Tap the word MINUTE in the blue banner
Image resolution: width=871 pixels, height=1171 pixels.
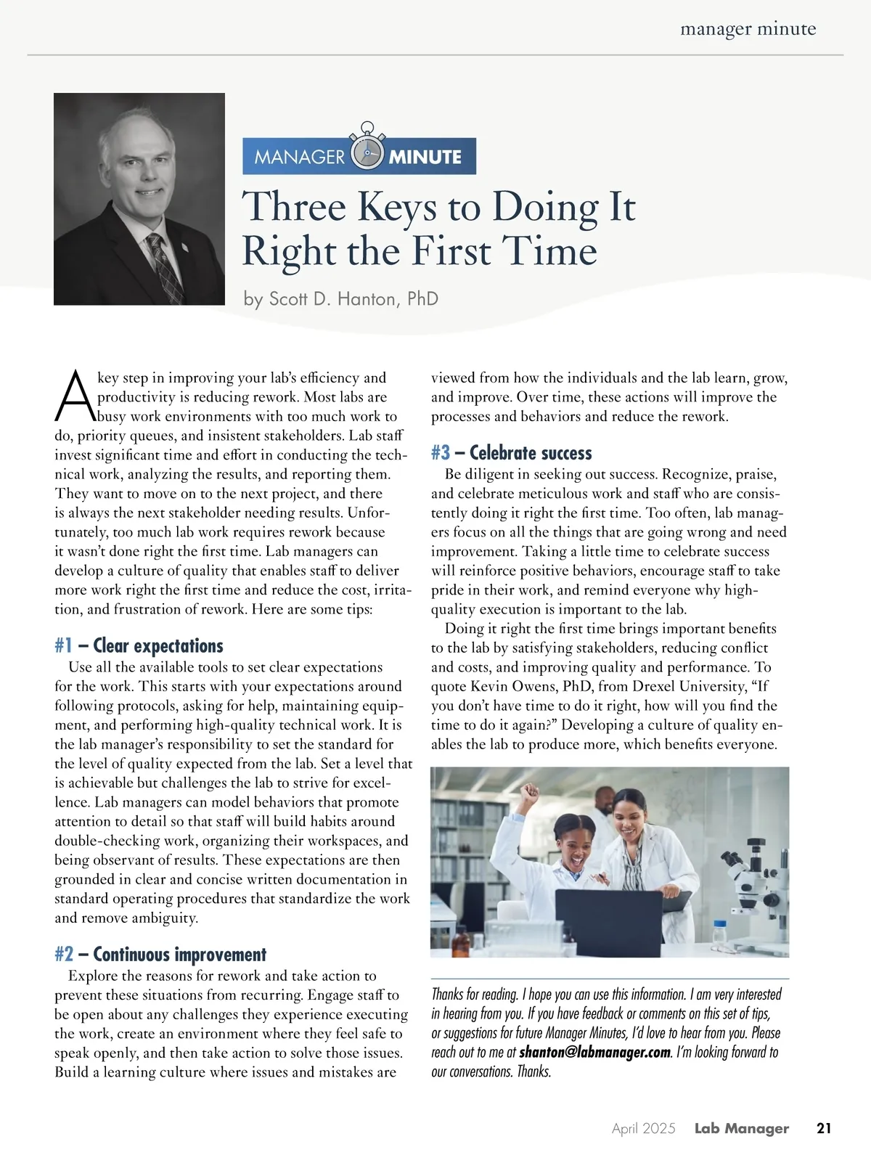(425, 157)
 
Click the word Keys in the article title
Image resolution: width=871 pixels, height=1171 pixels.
(396, 208)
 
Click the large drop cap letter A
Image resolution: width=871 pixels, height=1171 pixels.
(74, 396)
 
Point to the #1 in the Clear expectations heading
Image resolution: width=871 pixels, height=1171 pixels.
(64, 646)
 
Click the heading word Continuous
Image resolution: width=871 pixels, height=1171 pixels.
(133, 955)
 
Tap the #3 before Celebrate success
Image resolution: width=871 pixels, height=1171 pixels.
(441, 453)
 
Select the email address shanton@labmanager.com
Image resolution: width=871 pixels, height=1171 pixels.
(594, 1052)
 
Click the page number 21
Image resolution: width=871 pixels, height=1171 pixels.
(824, 1128)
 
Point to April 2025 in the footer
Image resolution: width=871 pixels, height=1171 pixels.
(643, 1128)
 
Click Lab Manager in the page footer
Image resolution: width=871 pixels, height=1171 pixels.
(741, 1128)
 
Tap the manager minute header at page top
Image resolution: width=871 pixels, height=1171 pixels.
(748, 29)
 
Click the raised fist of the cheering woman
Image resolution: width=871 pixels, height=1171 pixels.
(531, 791)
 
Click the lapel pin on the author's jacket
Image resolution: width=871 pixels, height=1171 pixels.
(185, 248)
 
